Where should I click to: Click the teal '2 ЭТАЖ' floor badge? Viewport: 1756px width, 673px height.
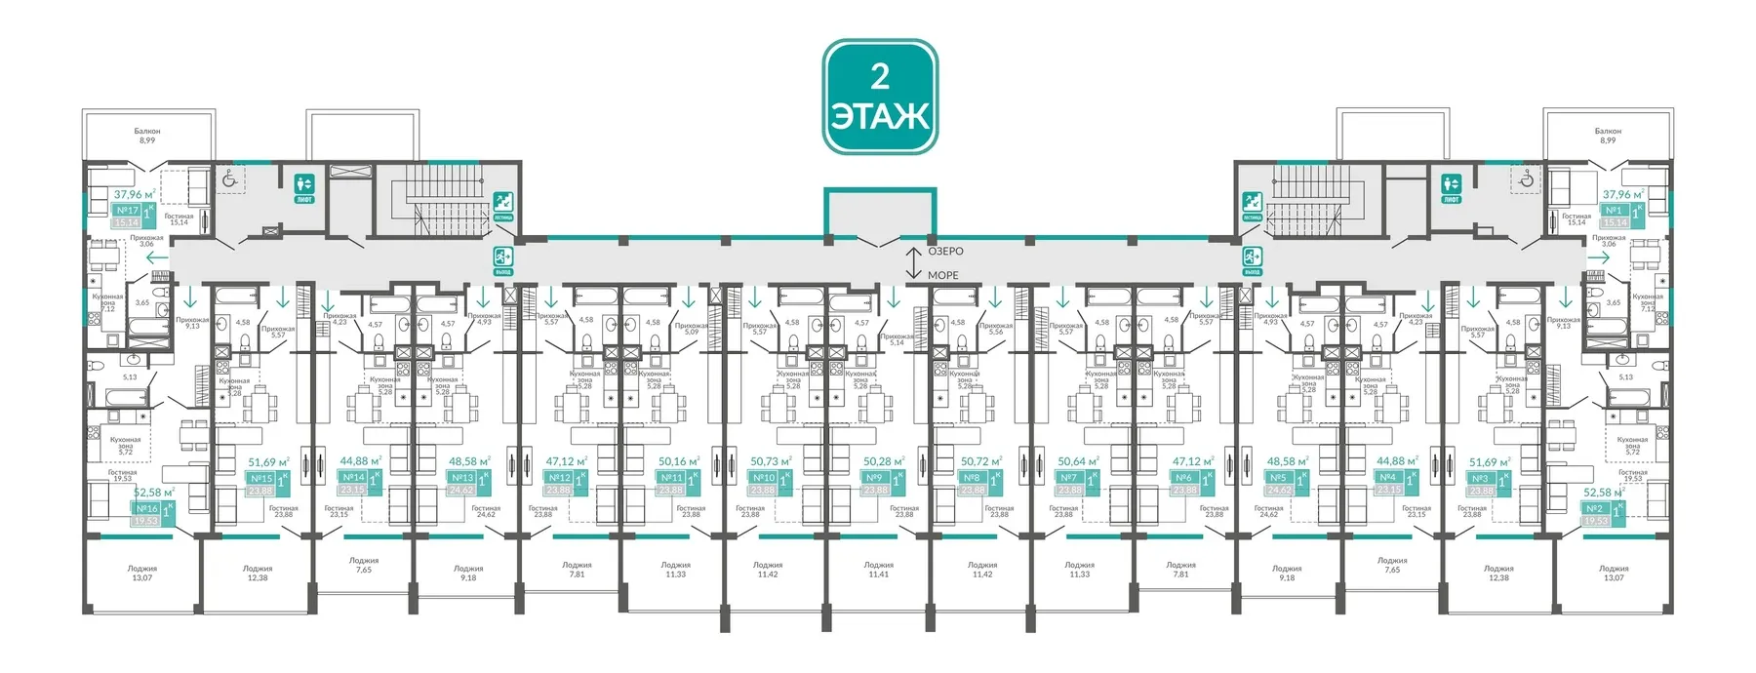point(880,97)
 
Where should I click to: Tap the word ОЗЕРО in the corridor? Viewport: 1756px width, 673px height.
point(945,252)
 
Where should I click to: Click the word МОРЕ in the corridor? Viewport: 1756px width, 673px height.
point(942,275)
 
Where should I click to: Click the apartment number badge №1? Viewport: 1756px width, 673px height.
point(1614,210)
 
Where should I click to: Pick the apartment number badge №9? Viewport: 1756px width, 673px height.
point(874,478)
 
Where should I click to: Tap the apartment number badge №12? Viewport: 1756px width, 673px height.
point(559,478)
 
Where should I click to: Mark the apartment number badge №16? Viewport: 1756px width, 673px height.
point(146,508)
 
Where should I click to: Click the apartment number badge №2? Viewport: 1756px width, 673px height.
point(1594,508)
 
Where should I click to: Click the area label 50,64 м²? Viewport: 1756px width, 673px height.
point(1078,461)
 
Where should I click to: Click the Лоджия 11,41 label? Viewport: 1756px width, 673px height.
point(878,570)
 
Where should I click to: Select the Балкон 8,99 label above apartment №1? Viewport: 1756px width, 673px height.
point(1608,135)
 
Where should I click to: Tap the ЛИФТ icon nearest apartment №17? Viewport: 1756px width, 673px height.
point(303,185)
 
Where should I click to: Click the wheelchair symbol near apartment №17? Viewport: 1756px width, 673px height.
point(230,178)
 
